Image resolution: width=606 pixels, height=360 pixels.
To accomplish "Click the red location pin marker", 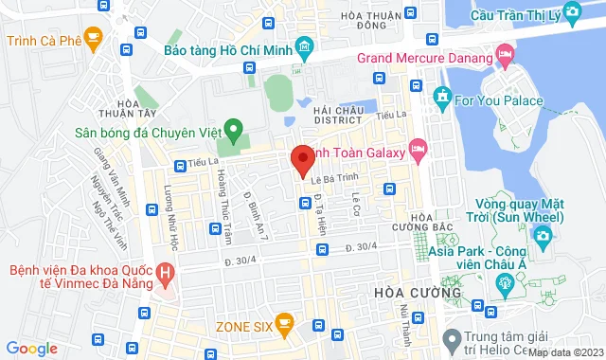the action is coord(302,160).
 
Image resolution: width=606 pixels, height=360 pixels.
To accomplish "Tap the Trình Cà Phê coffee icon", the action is coord(92,39).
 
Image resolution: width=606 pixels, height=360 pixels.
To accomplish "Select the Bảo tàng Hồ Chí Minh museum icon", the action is coord(304,46).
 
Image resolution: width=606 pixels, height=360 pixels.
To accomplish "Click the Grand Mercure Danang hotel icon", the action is coord(503,58).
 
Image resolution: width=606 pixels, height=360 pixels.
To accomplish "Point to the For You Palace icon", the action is coord(441,95).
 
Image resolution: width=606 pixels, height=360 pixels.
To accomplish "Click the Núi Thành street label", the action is coord(404,320).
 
